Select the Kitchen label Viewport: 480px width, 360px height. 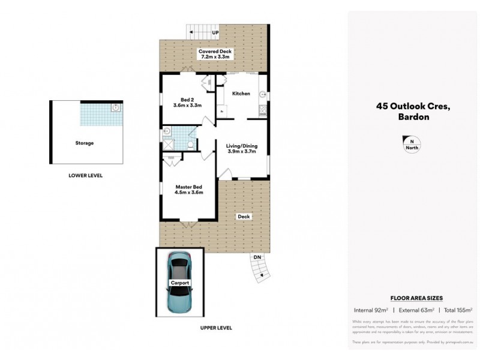click(241, 94)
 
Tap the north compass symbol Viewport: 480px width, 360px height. click(412, 143)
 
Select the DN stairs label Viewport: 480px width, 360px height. click(257, 256)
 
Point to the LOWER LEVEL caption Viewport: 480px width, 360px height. click(85, 176)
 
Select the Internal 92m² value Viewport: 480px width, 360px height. click(371, 310)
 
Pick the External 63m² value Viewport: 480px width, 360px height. click(414, 310)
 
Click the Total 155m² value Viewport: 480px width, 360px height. click(455, 310)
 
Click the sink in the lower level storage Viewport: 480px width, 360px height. click(116, 108)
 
